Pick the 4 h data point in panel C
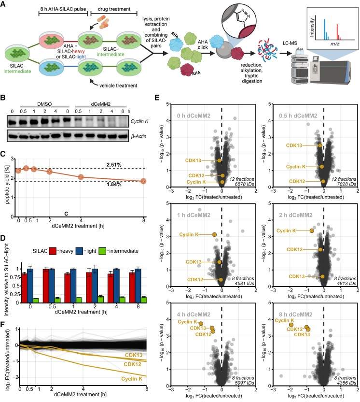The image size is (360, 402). [x=81, y=177]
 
